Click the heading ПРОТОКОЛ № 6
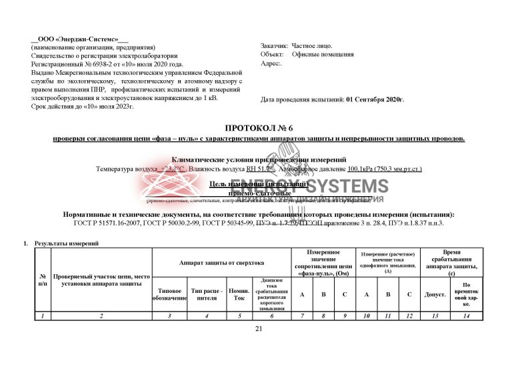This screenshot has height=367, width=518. click(x=259, y=127)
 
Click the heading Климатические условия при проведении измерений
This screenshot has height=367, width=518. click(x=259, y=160)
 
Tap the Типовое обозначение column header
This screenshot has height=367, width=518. click(x=170, y=294)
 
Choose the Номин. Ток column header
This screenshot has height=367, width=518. click(x=239, y=294)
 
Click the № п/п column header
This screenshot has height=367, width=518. click(x=43, y=280)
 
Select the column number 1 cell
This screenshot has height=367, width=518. click(x=43, y=315)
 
